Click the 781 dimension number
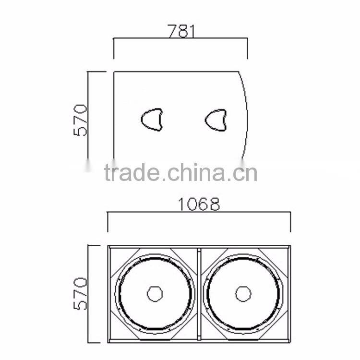pyautogui.click(x=181, y=31)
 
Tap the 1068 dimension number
pyautogui.click(x=199, y=204)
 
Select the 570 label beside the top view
pyautogui.click(x=81, y=120)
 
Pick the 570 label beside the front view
pyautogui.click(x=81, y=294)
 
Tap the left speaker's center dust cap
pyautogui.click(x=155, y=294)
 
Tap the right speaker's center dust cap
pyautogui.click(x=243, y=294)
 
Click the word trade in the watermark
pyautogui.click(x=132, y=173)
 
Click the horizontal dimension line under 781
pyautogui.click(x=180, y=38)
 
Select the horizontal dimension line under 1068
pyautogui.click(x=199, y=212)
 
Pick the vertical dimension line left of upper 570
pyautogui.click(x=88, y=115)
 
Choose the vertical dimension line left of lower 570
pyautogui.click(x=88, y=294)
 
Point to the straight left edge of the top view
pyautogui.click(x=114, y=115)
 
